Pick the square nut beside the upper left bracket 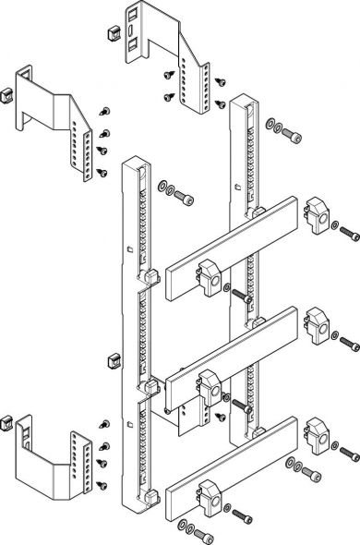[x=6, y=95]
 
